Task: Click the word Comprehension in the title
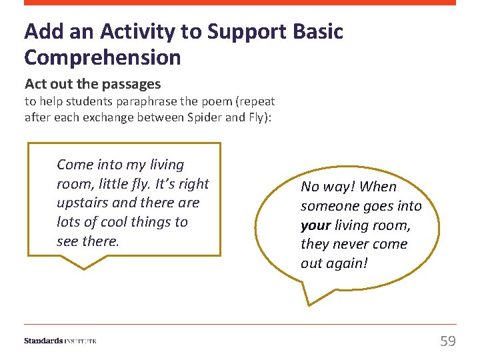(102, 57)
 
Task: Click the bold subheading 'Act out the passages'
(93, 84)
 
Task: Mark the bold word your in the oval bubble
(315, 225)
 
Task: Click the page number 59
(448, 341)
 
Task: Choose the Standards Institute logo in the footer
(60, 341)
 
